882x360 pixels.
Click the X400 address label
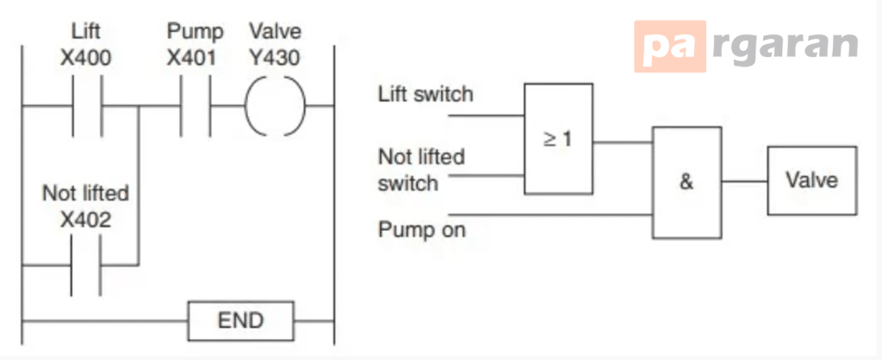[86, 58]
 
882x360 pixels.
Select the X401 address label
[192, 58]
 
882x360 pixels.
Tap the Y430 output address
[275, 58]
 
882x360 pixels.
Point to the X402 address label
[85, 220]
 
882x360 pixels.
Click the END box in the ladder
[241, 321]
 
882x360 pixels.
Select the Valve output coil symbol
[275, 106]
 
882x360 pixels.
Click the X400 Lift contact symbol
[87, 106]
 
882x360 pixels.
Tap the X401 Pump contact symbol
[196, 106]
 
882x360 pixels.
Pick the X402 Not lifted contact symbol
[86, 265]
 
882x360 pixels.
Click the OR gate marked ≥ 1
[558, 139]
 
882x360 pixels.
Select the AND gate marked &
[686, 183]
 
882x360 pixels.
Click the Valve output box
[812, 181]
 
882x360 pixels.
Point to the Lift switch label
[425, 95]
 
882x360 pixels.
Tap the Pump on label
[422, 230]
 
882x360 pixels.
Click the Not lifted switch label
[421, 170]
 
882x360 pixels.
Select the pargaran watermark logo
[747, 47]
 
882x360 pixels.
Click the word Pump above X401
[195, 32]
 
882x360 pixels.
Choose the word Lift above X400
[86, 32]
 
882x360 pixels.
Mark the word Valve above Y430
[275, 32]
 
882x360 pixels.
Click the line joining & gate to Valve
[745, 182]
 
